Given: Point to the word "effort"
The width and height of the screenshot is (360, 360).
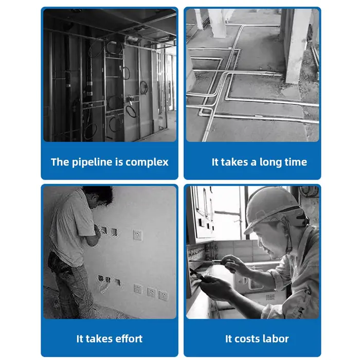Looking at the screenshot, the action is pyautogui.click(x=129, y=338).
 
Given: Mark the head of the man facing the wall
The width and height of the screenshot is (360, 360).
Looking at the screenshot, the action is pyautogui.click(x=98, y=196).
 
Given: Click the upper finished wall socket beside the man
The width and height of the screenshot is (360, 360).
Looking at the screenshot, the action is pyautogui.click(x=137, y=236).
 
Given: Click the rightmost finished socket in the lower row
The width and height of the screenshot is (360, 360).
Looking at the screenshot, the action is pyautogui.click(x=163, y=296).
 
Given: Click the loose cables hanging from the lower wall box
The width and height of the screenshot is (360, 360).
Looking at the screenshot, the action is pyautogui.click(x=104, y=287).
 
